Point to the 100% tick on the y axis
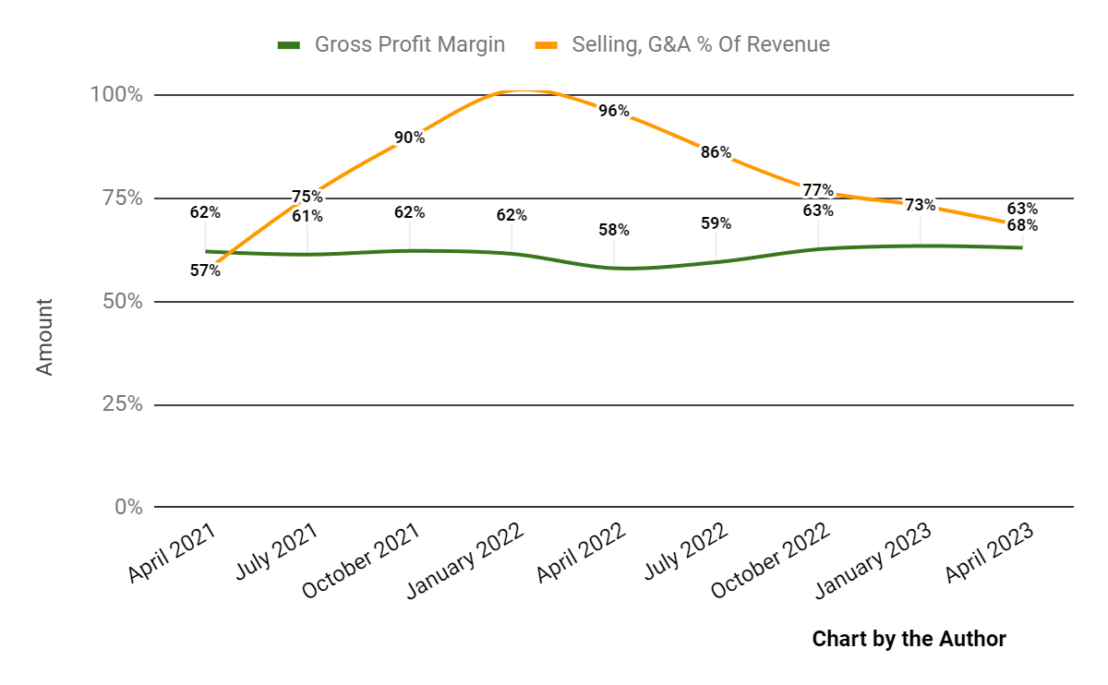click(x=115, y=95)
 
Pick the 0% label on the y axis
click(x=127, y=507)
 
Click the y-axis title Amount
click(x=44, y=336)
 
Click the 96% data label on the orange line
click(x=614, y=112)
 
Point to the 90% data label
click(x=409, y=138)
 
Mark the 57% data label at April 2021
click(x=205, y=270)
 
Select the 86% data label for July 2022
click(x=716, y=153)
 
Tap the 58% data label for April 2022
click(x=614, y=230)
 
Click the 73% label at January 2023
click(x=920, y=205)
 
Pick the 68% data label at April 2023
click(x=1022, y=225)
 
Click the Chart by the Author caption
click(x=909, y=639)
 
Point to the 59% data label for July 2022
click(x=716, y=223)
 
